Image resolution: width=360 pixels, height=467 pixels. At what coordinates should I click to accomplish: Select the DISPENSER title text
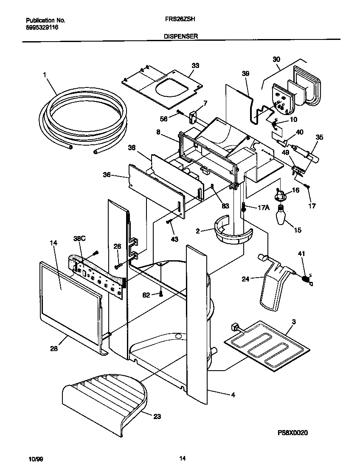[x=181, y=37]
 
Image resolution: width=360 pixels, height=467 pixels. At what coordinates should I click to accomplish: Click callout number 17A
[x=263, y=208]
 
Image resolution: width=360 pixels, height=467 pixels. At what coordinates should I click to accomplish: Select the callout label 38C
[x=79, y=239]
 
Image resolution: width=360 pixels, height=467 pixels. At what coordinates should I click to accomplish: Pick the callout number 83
[x=225, y=206]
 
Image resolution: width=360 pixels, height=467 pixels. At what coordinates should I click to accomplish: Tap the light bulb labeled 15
[x=281, y=215]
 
